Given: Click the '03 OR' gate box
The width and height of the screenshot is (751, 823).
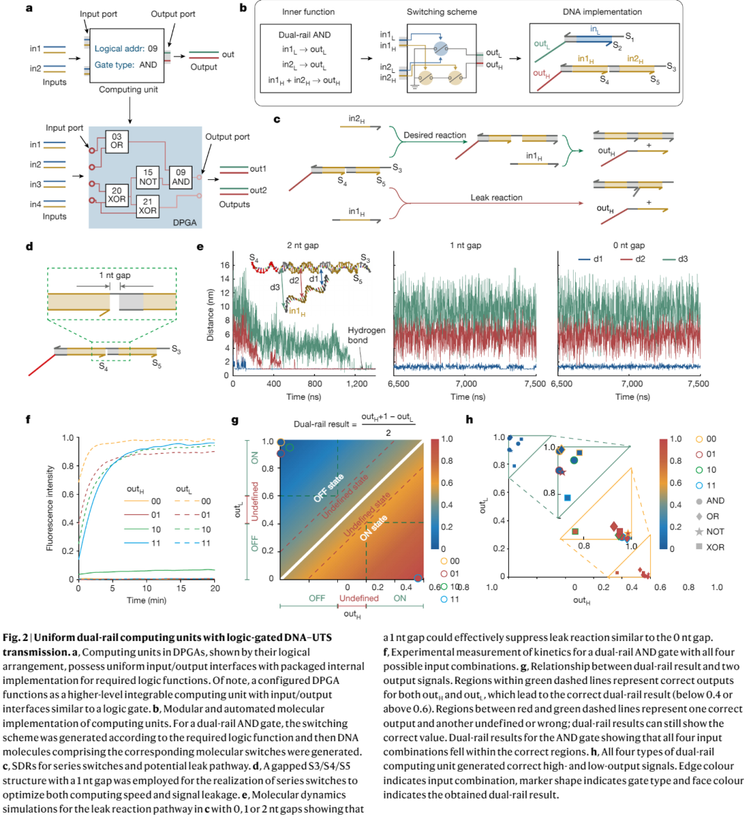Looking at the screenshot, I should [116, 141].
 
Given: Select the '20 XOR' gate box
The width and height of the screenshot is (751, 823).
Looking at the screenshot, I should [116, 195].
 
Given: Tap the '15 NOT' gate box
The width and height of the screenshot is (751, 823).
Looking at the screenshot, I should [148, 177].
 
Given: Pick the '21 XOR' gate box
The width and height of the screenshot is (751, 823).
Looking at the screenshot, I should [147, 206].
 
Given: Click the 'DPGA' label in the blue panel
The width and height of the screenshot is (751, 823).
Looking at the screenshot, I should [185, 222].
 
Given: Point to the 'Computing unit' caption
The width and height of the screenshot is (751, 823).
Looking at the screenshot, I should [128, 90].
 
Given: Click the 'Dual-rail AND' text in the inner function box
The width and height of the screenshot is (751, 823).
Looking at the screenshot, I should [305, 35].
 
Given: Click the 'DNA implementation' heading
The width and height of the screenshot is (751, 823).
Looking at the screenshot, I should [602, 12].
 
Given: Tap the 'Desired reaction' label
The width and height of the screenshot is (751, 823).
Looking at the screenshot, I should [435, 135].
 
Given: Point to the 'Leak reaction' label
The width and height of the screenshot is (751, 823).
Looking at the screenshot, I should [496, 197].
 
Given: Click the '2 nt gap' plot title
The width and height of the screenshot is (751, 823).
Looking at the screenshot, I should [302, 245].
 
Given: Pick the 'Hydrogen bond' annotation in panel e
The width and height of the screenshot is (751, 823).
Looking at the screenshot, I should [366, 335].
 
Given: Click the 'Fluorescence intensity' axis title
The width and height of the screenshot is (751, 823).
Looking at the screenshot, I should [50, 508].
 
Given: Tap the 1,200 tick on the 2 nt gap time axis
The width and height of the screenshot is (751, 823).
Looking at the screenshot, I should [357, 384].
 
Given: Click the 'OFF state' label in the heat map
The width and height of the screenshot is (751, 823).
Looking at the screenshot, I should [329, 487].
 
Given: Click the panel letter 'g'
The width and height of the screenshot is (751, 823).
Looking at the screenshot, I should [235, 420].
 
